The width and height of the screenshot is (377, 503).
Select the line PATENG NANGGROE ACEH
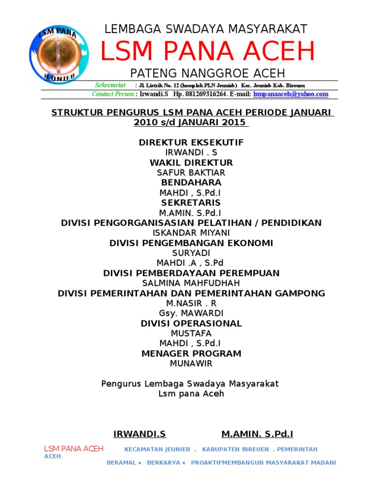click(207, 73)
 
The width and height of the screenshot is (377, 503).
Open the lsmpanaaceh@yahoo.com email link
click(291, 94)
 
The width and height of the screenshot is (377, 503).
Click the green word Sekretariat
click(110, 85)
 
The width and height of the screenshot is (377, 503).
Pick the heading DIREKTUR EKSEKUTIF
click(191, 142)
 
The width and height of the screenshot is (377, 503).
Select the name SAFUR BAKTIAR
click(191, 172)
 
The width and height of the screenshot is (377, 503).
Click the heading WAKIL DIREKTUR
click(191, 163)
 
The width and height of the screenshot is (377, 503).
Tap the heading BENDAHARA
click(191, 183)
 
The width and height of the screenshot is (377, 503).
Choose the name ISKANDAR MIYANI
click(191, 233)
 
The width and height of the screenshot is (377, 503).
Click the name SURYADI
click(191, 253)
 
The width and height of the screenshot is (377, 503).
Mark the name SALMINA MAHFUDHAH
click(191, 283)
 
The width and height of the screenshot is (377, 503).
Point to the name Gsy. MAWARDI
click(191, 313)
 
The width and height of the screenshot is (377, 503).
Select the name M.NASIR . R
click(191, 303)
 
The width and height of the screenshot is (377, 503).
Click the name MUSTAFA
click(191, 334)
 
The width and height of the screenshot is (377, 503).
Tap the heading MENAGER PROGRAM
click(191, 354)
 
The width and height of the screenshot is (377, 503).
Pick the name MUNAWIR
click(191, 363)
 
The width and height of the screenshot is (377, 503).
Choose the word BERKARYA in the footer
click(163, 463)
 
